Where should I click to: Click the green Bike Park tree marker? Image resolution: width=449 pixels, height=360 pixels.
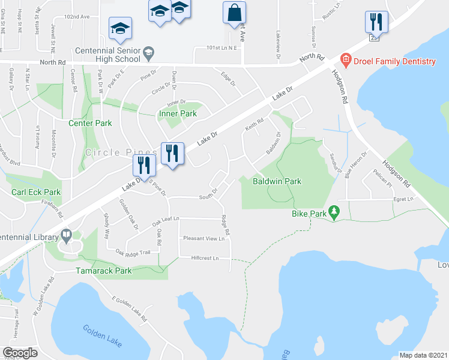335,212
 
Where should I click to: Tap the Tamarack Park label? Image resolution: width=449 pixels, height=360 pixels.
104,271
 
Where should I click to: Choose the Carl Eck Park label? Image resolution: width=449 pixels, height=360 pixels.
36,193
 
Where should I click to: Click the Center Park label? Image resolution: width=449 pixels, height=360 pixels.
90,123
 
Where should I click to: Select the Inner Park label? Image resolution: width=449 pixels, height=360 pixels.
177,113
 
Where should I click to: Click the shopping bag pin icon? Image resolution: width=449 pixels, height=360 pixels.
234,13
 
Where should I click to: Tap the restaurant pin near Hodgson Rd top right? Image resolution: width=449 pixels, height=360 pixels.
376,22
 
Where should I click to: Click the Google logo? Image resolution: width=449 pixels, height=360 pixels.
20,353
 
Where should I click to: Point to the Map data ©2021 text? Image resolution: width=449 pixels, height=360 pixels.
423,355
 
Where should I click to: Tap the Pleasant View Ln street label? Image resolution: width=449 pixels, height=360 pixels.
203,238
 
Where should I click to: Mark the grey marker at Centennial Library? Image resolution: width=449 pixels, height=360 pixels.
65,235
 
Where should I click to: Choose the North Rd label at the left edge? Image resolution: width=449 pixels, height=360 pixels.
53,62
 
